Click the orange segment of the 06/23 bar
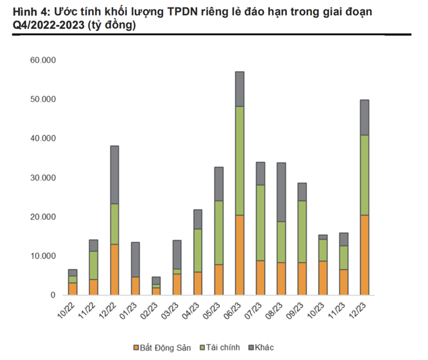(240, 255)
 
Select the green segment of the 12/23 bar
(364, 175)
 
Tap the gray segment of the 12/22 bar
(115, 175)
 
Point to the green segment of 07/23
(260, 223)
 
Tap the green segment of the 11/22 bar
(94, 265)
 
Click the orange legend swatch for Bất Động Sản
(136, 348)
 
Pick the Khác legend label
(265, 348)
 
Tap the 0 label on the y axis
(52, 295)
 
